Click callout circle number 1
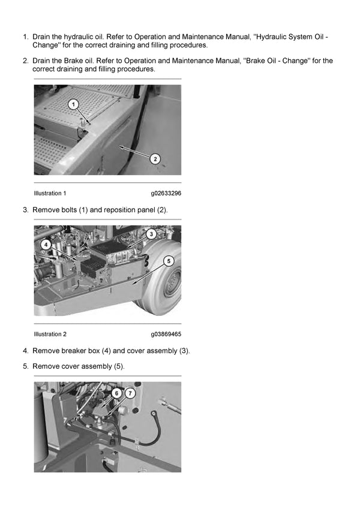point(73,104)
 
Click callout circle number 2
point(155,159)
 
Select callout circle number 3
point(151,233)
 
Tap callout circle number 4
point(46,245)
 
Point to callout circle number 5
point(168,261)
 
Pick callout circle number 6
point(116,393)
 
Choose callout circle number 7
point(130,393)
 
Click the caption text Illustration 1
point(50,194)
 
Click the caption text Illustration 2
point(50,334)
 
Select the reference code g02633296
point(166,194)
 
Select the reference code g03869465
point(166,334)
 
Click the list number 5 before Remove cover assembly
point(25,366)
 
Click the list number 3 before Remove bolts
point(25,210)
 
